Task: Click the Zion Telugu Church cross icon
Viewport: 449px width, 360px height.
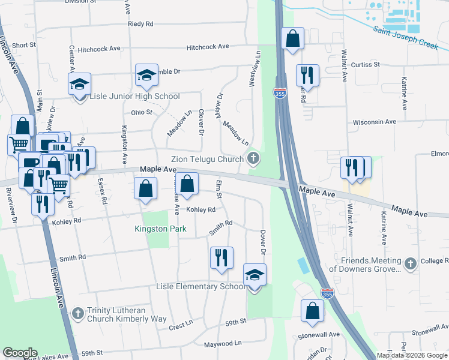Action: pos(253,159)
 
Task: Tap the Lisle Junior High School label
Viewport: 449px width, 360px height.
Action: pos(134,97)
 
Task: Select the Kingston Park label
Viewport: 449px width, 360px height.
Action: pos(160,229)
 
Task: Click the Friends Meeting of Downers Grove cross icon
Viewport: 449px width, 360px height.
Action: pos(410,264)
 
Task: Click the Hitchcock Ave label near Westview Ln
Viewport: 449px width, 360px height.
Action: pos(208,46)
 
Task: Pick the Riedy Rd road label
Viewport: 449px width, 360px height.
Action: pos(140,24)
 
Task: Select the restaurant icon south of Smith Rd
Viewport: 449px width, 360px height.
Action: pos(221,259)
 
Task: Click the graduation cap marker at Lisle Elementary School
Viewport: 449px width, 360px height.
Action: pos(255,276)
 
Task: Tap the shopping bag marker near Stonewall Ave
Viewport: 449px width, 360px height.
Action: pos(312,311)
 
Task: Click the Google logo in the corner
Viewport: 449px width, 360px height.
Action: pos(20,353)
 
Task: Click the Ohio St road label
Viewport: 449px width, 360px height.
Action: pos(142,112)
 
